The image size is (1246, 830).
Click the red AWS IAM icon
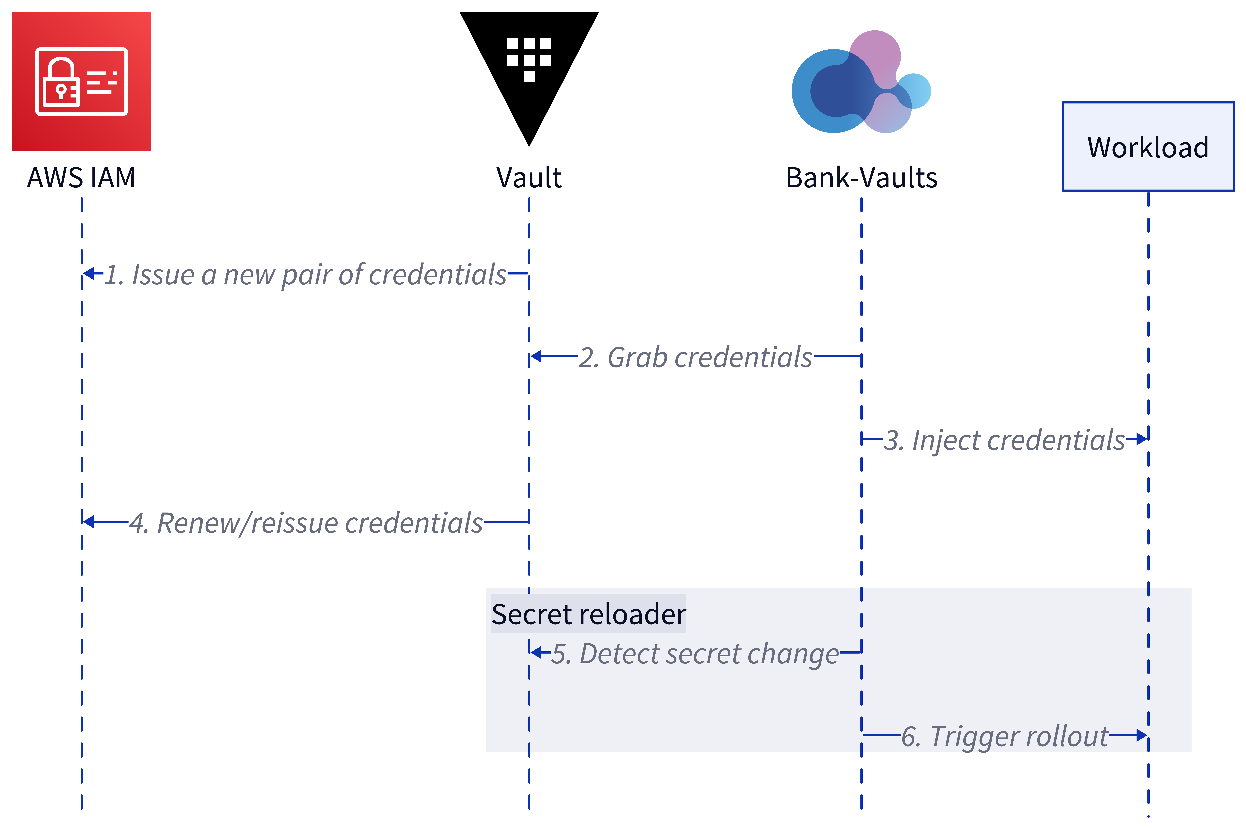82,82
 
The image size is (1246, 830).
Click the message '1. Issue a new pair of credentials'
305,275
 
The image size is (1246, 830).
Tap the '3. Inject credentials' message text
1004,440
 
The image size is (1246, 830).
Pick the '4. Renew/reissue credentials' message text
306,523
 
